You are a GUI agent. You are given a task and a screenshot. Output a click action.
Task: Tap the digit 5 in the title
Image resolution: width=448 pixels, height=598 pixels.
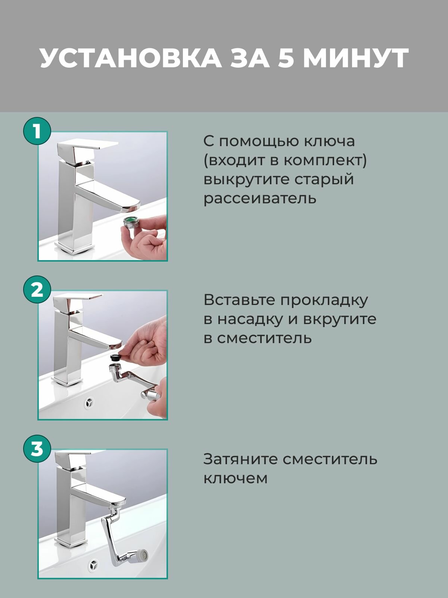pos(286,58)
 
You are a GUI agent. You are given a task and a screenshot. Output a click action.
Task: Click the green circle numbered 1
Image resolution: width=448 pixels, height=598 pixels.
pos(37,131)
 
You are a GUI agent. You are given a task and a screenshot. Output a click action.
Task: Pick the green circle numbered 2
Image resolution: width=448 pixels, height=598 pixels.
pos(37,290)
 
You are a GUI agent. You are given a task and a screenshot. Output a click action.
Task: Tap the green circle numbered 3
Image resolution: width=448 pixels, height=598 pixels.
pos(37,449)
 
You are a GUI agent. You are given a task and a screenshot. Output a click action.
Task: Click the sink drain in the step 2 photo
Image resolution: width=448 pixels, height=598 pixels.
pos(89,402)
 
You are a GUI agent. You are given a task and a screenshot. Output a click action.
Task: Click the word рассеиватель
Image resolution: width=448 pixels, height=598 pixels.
pos(260,198)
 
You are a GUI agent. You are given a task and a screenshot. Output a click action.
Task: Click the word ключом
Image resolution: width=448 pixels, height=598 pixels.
pos(235,478)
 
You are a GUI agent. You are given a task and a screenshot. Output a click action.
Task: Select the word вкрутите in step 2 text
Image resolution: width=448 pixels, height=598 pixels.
pos(340,320)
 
